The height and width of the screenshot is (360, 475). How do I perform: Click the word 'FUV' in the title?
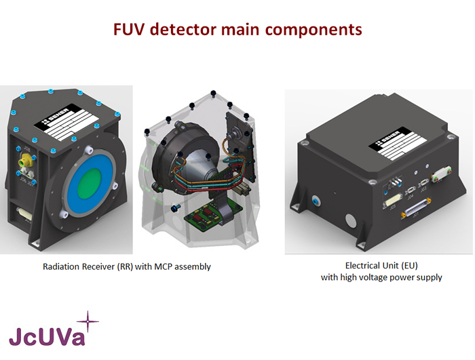click(x=128, y=30)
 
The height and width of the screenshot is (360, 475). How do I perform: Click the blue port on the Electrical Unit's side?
click(x=317, y=201)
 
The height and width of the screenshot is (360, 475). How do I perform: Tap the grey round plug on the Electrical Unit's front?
click(x=351, y=223)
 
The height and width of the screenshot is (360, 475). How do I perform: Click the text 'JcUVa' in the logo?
click(x=47, y=336)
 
